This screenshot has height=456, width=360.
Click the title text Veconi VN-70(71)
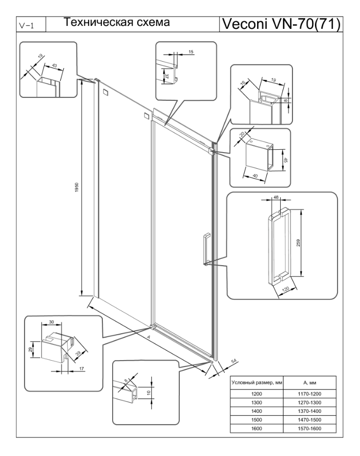[x=281, y=24]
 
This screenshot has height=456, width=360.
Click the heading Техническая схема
[x=117, y=23]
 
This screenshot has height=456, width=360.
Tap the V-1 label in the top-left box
[x=26, y=25]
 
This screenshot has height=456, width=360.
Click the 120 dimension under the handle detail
[x=286, y=289]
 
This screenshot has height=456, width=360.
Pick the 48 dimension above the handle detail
[x=276, y=197]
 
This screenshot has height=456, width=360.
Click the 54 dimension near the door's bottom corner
[x=234, y=362]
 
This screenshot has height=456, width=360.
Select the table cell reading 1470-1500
[x=310, y=420]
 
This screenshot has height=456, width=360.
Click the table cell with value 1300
[x=256, y=403]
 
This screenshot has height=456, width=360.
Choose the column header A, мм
[x=310, y=383]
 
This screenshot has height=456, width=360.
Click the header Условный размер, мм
[x=257, y=383]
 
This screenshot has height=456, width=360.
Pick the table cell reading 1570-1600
[x=310, y=429]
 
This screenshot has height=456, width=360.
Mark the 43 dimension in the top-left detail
[x=54, y=66]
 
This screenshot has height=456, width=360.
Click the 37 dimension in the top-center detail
[x=167, y=76]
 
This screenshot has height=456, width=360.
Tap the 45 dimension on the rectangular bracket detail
[x=286, y=160]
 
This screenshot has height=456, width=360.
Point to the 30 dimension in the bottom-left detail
[x=51, y=322]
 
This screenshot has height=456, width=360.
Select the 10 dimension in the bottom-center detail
[x=148, y=393]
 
